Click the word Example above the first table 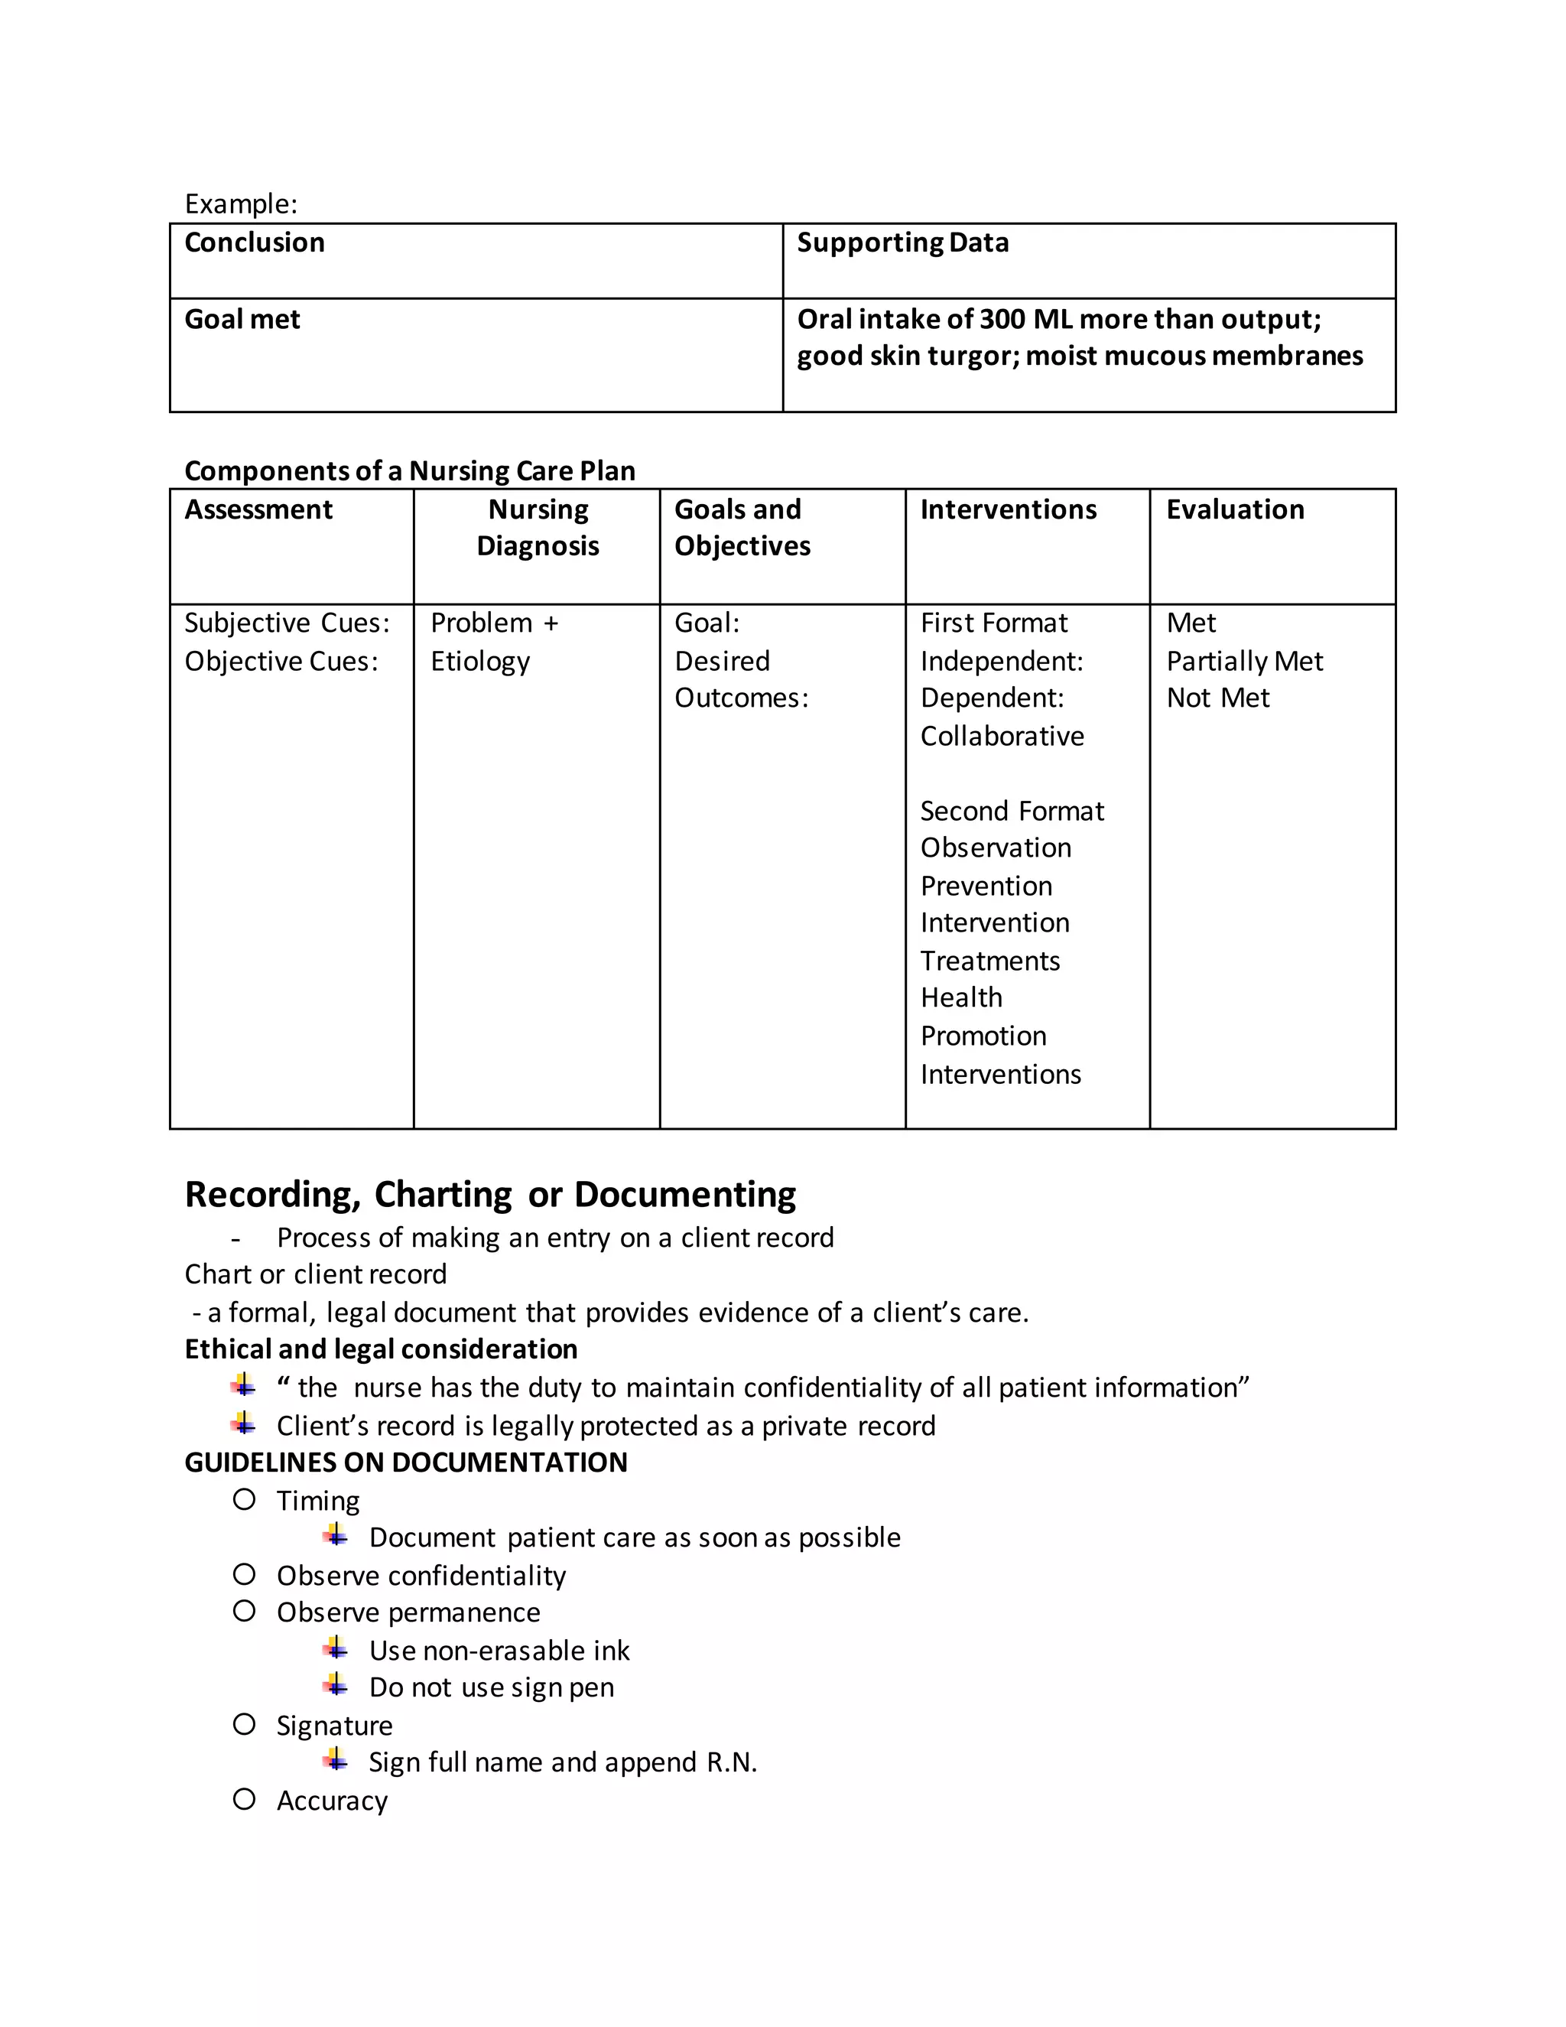coord(240,203)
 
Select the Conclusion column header coord(254,242)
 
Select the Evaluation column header coord(1234,509)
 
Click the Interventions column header coord(1008,509)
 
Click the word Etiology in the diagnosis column coord(479,662)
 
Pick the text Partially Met coord(1243,662)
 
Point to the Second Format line coord(1011,811)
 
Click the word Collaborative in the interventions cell coord(1001,736)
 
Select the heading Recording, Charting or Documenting coord(490,1195)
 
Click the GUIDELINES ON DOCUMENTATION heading coord(405,1462)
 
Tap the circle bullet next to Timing coord(244,1500)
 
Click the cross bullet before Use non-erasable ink coord(336,1649)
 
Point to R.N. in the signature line coord(731,1762)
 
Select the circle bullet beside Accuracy coord(244,1800)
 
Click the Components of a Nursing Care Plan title coord(409,470)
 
